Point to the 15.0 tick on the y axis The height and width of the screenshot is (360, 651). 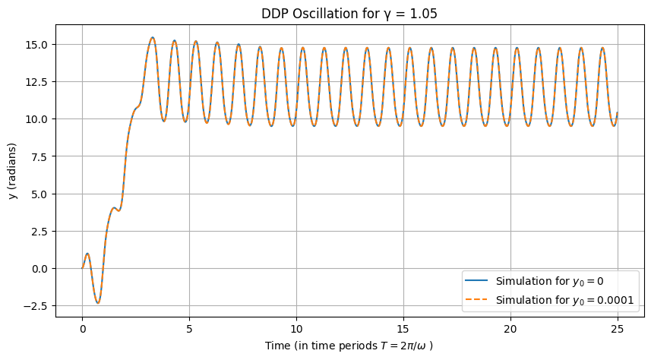36,45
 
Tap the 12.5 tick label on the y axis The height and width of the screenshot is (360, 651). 36,82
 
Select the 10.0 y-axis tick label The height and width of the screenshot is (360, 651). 36,119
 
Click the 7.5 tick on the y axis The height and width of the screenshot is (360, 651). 39,156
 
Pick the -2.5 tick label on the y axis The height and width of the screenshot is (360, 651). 36,306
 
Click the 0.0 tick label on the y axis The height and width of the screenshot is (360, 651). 39,269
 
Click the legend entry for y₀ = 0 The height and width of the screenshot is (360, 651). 549,281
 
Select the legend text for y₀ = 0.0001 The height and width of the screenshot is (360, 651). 564,300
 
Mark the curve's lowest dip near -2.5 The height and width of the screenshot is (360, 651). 98,303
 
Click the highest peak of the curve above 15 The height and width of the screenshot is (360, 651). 152,37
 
